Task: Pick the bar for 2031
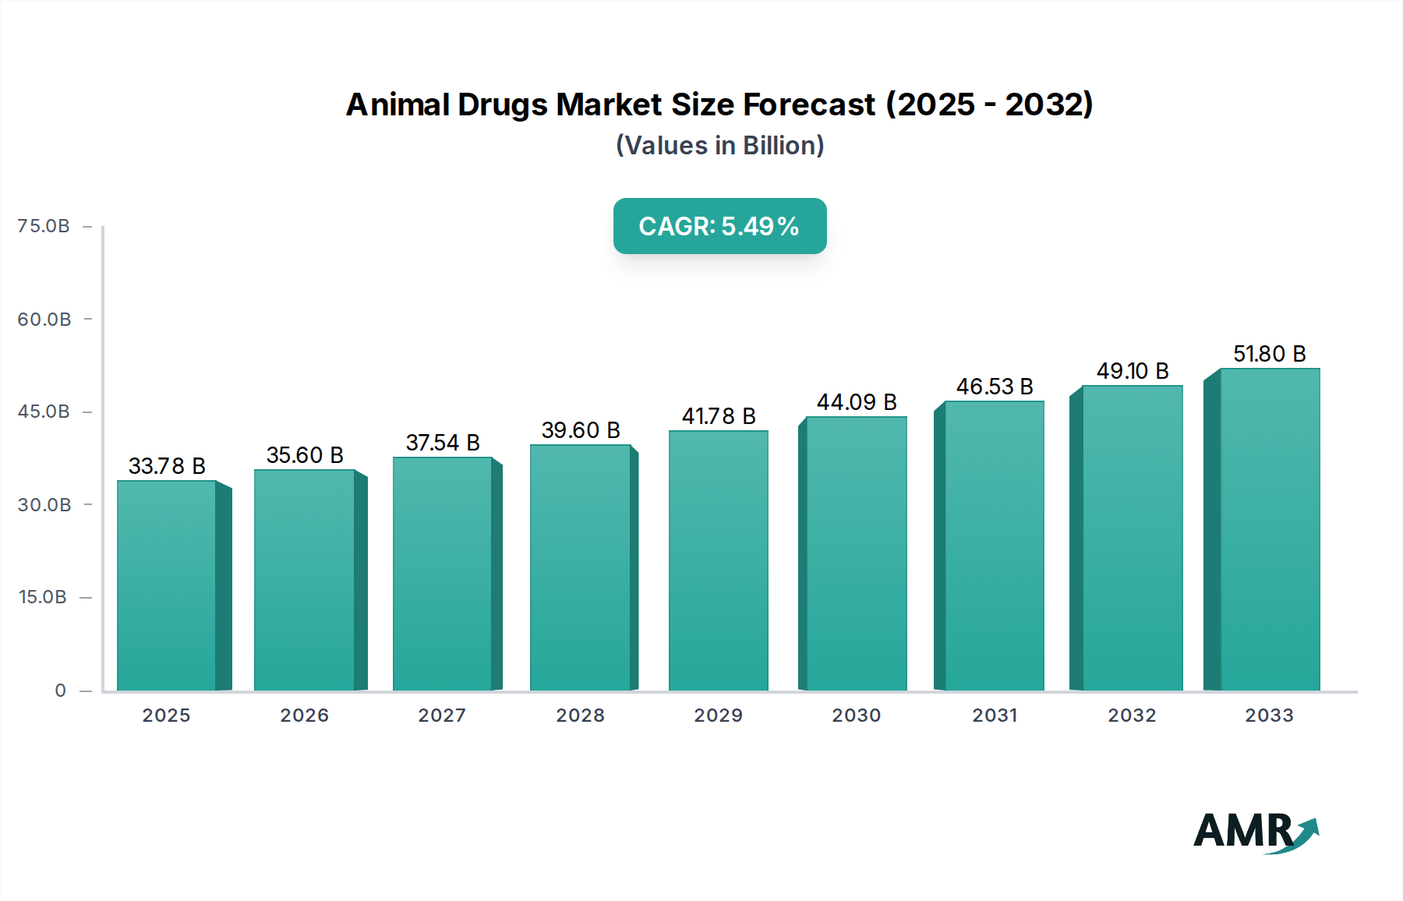point(994,546)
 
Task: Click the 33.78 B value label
point(167,466)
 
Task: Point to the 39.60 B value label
point(581,430)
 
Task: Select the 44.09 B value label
point(857,402)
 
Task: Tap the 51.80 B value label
point(1269,354)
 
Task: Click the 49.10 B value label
point(1133,371)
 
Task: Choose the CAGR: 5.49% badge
point(719,226)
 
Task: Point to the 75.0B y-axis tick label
point(44,226)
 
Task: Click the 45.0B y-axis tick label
point(44,412)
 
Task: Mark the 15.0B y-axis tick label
point(43,597)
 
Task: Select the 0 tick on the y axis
point(60,691)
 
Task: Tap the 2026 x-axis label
point(304,715)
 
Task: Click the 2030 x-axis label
point(856,715)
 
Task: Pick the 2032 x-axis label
point(1132,715)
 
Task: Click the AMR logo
point(1255,832)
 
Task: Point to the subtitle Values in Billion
point(719,146)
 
